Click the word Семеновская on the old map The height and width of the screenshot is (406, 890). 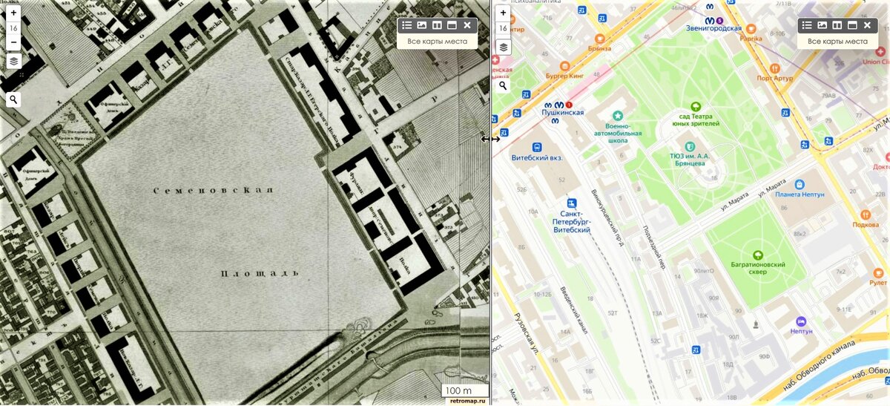pyautogui.click(x=214, y=191)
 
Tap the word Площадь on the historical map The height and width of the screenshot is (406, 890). pyautogui.click(x=260, y=273)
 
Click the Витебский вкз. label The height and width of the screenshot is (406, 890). pyautogui.click(x=537, y=157)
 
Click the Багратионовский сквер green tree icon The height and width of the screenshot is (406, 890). pyautogui.click(x=758, y=255)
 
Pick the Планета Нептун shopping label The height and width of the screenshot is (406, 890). pyautogui.click(x=800, y=194)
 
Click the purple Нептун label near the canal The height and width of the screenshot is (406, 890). pyautogui.click(x=801, y=330)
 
